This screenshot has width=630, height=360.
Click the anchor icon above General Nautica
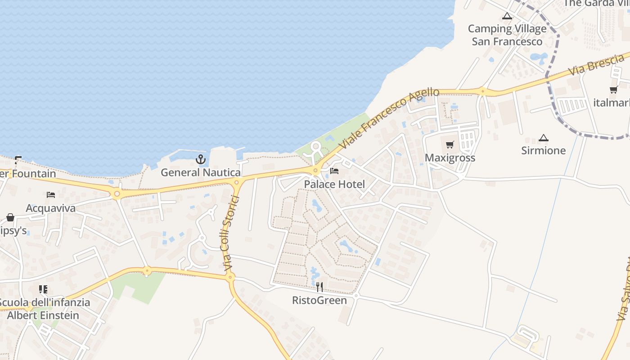(x=201, y=159)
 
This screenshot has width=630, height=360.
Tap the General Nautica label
(x=201, y=172)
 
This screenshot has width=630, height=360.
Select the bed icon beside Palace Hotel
(x=334, y=171)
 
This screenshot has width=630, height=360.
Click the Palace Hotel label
(x=334, y=184)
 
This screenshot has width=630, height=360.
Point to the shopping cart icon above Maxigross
(x=450, y=145)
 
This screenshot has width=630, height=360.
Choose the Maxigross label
(x=450, y=158)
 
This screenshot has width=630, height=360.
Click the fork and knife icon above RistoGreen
(x=319, y=287)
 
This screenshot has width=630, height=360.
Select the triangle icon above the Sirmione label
(x=544, y=138)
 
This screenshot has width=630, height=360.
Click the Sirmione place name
(x=544, y=150)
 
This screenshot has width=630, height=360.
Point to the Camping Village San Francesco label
(x=507, y=35)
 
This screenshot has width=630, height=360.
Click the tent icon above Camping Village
(x=507, y=16)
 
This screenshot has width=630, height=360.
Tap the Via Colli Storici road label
(x=230, y=234)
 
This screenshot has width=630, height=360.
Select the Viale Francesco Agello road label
(x=389, y=118)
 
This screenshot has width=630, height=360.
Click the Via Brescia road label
(x=596, y=65)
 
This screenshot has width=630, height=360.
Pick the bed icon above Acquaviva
(x=51, y=195)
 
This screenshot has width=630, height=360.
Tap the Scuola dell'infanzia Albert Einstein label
(x=43, y=309)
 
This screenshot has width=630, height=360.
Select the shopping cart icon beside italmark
(x=613, y=90)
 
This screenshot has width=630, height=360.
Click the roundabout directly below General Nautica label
(x=237, y=182)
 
